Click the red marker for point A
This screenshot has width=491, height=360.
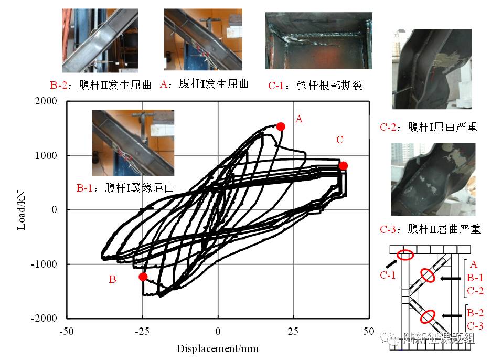[281, 126]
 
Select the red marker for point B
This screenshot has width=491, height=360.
[143, 277]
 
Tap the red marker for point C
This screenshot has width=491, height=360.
[343, 166]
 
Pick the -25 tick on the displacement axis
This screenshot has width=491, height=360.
[142, 332]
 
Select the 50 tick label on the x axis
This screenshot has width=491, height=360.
[369, 332]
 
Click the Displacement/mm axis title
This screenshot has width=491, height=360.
[218, 348]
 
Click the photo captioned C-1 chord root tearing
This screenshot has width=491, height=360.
[318, 40]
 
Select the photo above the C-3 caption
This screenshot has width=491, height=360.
[433, 179]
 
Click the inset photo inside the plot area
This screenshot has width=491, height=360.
[133, 142]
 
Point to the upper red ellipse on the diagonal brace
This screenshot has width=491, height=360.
[428, 276]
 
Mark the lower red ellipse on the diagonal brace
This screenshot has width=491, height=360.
[428, 317]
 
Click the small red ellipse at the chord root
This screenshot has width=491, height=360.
[404, 256]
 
